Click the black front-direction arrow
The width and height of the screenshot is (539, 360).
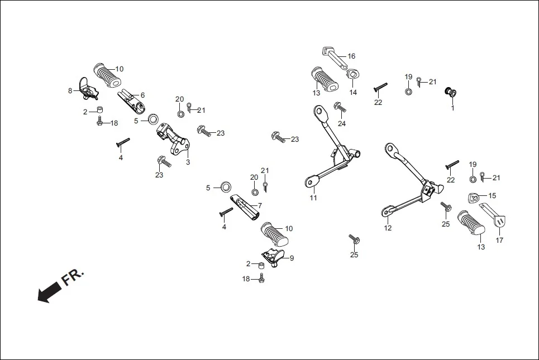(x=49, y=291)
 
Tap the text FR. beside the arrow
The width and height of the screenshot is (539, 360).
(x=73, y=276)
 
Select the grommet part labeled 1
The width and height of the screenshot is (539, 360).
(x=449, y=92)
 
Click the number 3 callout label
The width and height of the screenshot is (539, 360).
(x=188, y=162)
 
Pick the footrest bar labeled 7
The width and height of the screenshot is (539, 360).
(x=246, y=206)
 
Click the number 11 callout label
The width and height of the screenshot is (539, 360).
(x=313, y=198)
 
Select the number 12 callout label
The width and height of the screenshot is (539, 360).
(x=388, y=228)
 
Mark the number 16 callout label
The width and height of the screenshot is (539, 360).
(x=351, y=56)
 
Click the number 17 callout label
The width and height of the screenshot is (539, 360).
(x=499, y=241)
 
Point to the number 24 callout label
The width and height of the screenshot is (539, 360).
(x=341, y=123)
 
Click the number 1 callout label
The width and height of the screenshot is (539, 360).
(x=452, y=108)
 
